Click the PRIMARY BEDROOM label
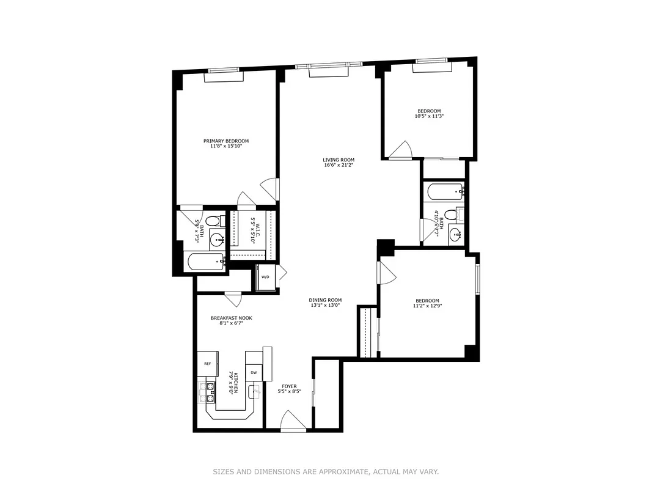[x=226, y=141]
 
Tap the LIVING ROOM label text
[x=339, y=160]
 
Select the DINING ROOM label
[x=324, y=300]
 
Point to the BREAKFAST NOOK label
[x=231, y=318]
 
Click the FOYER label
[x=289, y=386]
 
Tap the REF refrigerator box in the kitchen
[x=207, y=364]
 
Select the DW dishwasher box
[x=254, y=372]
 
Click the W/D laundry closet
[x=265, y=277]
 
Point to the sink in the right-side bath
[x=455, y=233]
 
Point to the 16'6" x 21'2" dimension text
[x=339, y=165]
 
